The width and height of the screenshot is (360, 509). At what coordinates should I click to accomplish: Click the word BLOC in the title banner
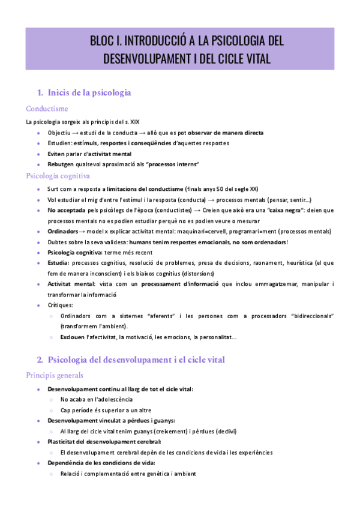tap(103, 41)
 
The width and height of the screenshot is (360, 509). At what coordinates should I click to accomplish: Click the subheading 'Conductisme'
tap(47, 109)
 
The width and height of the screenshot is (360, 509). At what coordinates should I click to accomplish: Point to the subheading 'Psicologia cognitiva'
tap(58, 176)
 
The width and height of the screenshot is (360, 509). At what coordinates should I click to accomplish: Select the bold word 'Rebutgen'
tap(61, 164)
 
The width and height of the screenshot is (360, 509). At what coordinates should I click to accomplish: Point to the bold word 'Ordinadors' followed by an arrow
tap(63, 231)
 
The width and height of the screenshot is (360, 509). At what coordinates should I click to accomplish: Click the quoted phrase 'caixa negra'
tap(290, 210)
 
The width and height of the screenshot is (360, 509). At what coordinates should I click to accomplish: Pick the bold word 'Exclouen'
tap(73, 337)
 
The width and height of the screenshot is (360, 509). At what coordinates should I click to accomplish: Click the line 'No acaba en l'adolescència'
tap(97, 399)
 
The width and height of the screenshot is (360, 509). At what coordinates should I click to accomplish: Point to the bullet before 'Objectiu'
tap(39, 132)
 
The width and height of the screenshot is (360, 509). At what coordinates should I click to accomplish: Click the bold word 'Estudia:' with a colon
tap(59, 262)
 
